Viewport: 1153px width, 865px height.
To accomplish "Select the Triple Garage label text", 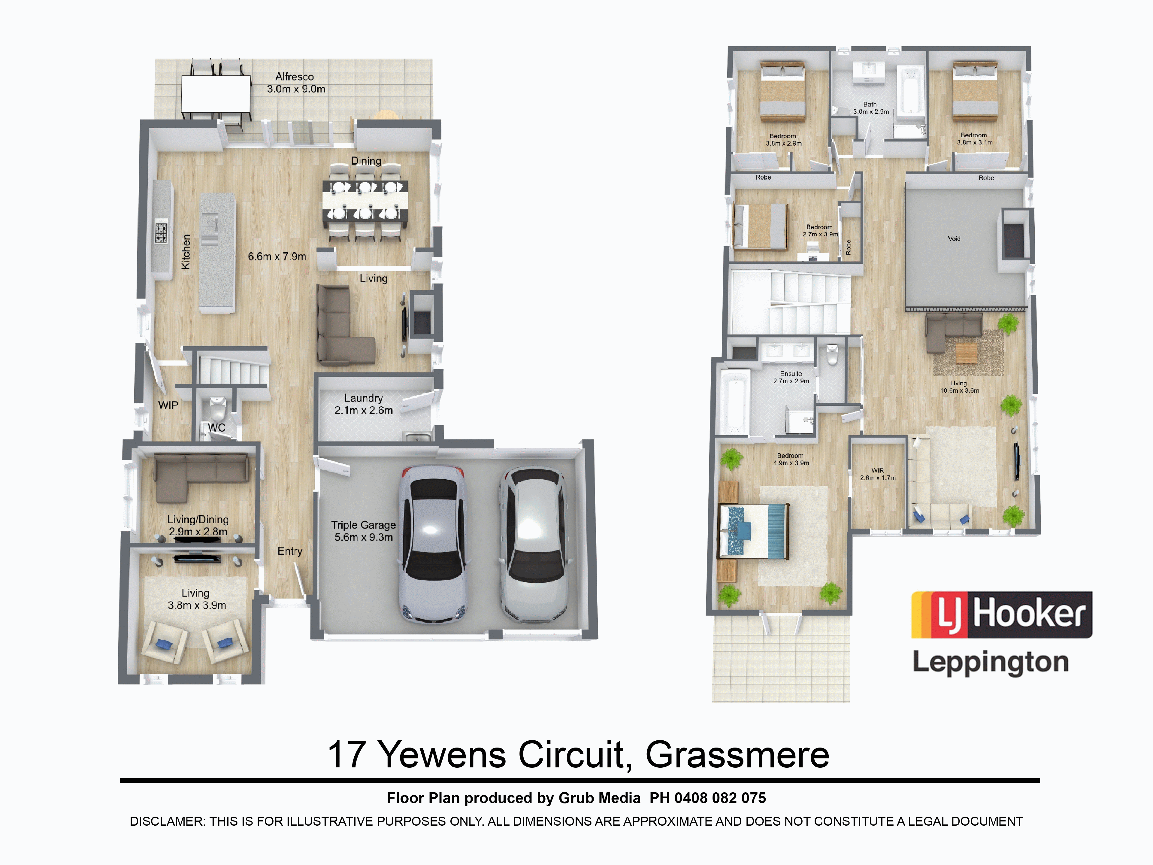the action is [363, 525].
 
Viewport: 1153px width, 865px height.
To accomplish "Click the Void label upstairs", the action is [954, 239].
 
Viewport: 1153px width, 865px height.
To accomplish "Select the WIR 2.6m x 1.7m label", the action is [878, 474].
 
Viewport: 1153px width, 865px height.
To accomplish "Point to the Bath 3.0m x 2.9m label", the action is [870, 108].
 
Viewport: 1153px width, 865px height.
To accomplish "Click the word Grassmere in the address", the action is [737, 754].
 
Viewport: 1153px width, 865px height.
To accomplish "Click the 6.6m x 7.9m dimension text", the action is [277, 256].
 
